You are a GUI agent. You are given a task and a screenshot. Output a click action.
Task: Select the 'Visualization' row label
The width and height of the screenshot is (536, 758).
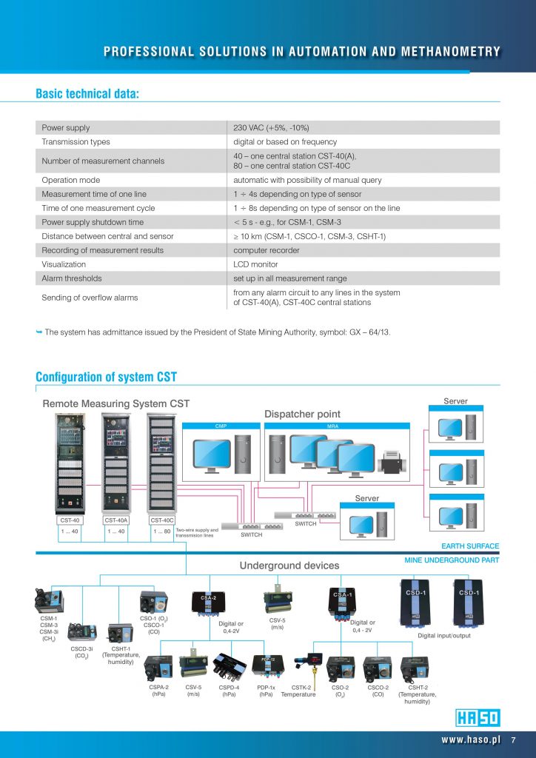tap(64, 264)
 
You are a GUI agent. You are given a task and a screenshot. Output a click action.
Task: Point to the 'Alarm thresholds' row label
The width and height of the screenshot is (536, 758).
tap(72, 278)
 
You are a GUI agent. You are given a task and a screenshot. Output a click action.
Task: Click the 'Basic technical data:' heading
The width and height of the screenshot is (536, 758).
tap(87, 94)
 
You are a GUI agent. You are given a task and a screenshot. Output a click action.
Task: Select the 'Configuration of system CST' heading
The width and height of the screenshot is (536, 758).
tap(106, 377)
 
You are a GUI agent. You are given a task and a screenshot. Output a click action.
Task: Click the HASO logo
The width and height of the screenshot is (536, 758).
tap(478, 717)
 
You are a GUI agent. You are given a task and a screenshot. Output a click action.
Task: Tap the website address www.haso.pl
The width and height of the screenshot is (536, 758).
tap(471, 739)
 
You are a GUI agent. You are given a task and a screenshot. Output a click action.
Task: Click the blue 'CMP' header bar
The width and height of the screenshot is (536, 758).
tap(221, 426)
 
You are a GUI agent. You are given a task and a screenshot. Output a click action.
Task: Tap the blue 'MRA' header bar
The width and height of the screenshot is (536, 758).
tap(336, 426)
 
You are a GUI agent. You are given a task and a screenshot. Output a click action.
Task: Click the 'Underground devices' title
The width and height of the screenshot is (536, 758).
tap(289, 566)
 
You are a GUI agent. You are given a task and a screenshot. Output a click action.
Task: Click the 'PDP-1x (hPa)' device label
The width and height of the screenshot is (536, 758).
tap(266, 691)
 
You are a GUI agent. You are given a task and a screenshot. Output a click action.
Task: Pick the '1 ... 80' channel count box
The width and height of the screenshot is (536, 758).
tap(163, 531)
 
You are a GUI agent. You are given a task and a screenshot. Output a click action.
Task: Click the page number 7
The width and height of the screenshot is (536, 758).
tap(513, 739)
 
